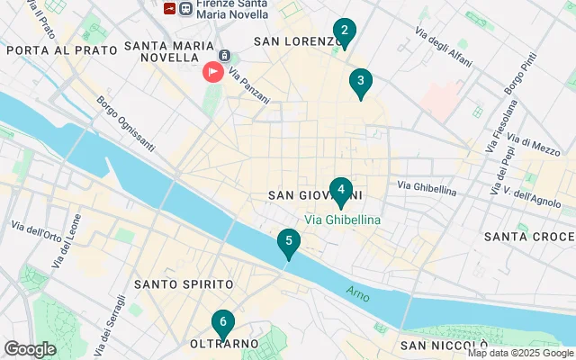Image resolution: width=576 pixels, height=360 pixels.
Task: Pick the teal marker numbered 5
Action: tap(288, 242)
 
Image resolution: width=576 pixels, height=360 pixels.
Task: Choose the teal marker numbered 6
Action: tap(223, 323)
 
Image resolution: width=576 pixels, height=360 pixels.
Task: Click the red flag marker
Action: tap(213, 70)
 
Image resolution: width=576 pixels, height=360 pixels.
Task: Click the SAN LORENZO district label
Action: tap(297, 41)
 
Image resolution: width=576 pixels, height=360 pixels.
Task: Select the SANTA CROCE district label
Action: tap(528, 237)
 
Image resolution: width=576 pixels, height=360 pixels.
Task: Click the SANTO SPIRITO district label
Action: tap(177, 284)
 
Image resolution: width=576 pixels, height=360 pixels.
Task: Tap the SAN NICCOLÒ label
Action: tap(445, 346)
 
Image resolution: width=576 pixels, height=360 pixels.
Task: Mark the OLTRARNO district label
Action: tap(224, 345)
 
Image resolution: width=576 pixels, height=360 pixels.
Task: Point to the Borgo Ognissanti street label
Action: tap(125, 123)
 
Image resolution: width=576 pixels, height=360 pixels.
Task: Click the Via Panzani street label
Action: tap(248, 85)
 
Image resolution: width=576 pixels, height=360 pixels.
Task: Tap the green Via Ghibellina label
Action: tap(342, 220)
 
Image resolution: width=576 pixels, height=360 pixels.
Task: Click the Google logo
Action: tap(30, 348)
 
